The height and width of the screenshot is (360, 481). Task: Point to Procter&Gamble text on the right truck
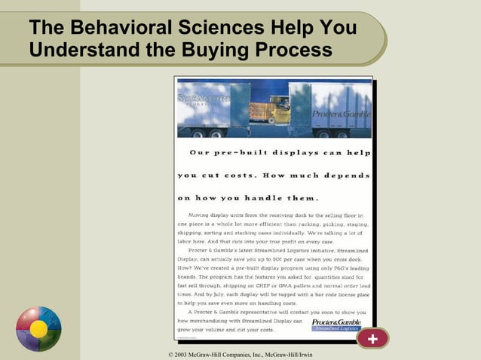(x=341, y=114)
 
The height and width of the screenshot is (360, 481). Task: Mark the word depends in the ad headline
(x=342, y=175)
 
